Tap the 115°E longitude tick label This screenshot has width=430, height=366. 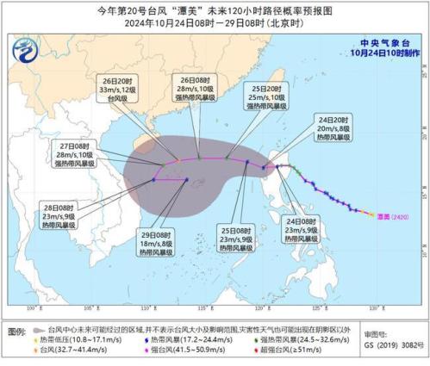tap(204, 307)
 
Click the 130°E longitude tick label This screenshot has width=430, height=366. tap(376, 307)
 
